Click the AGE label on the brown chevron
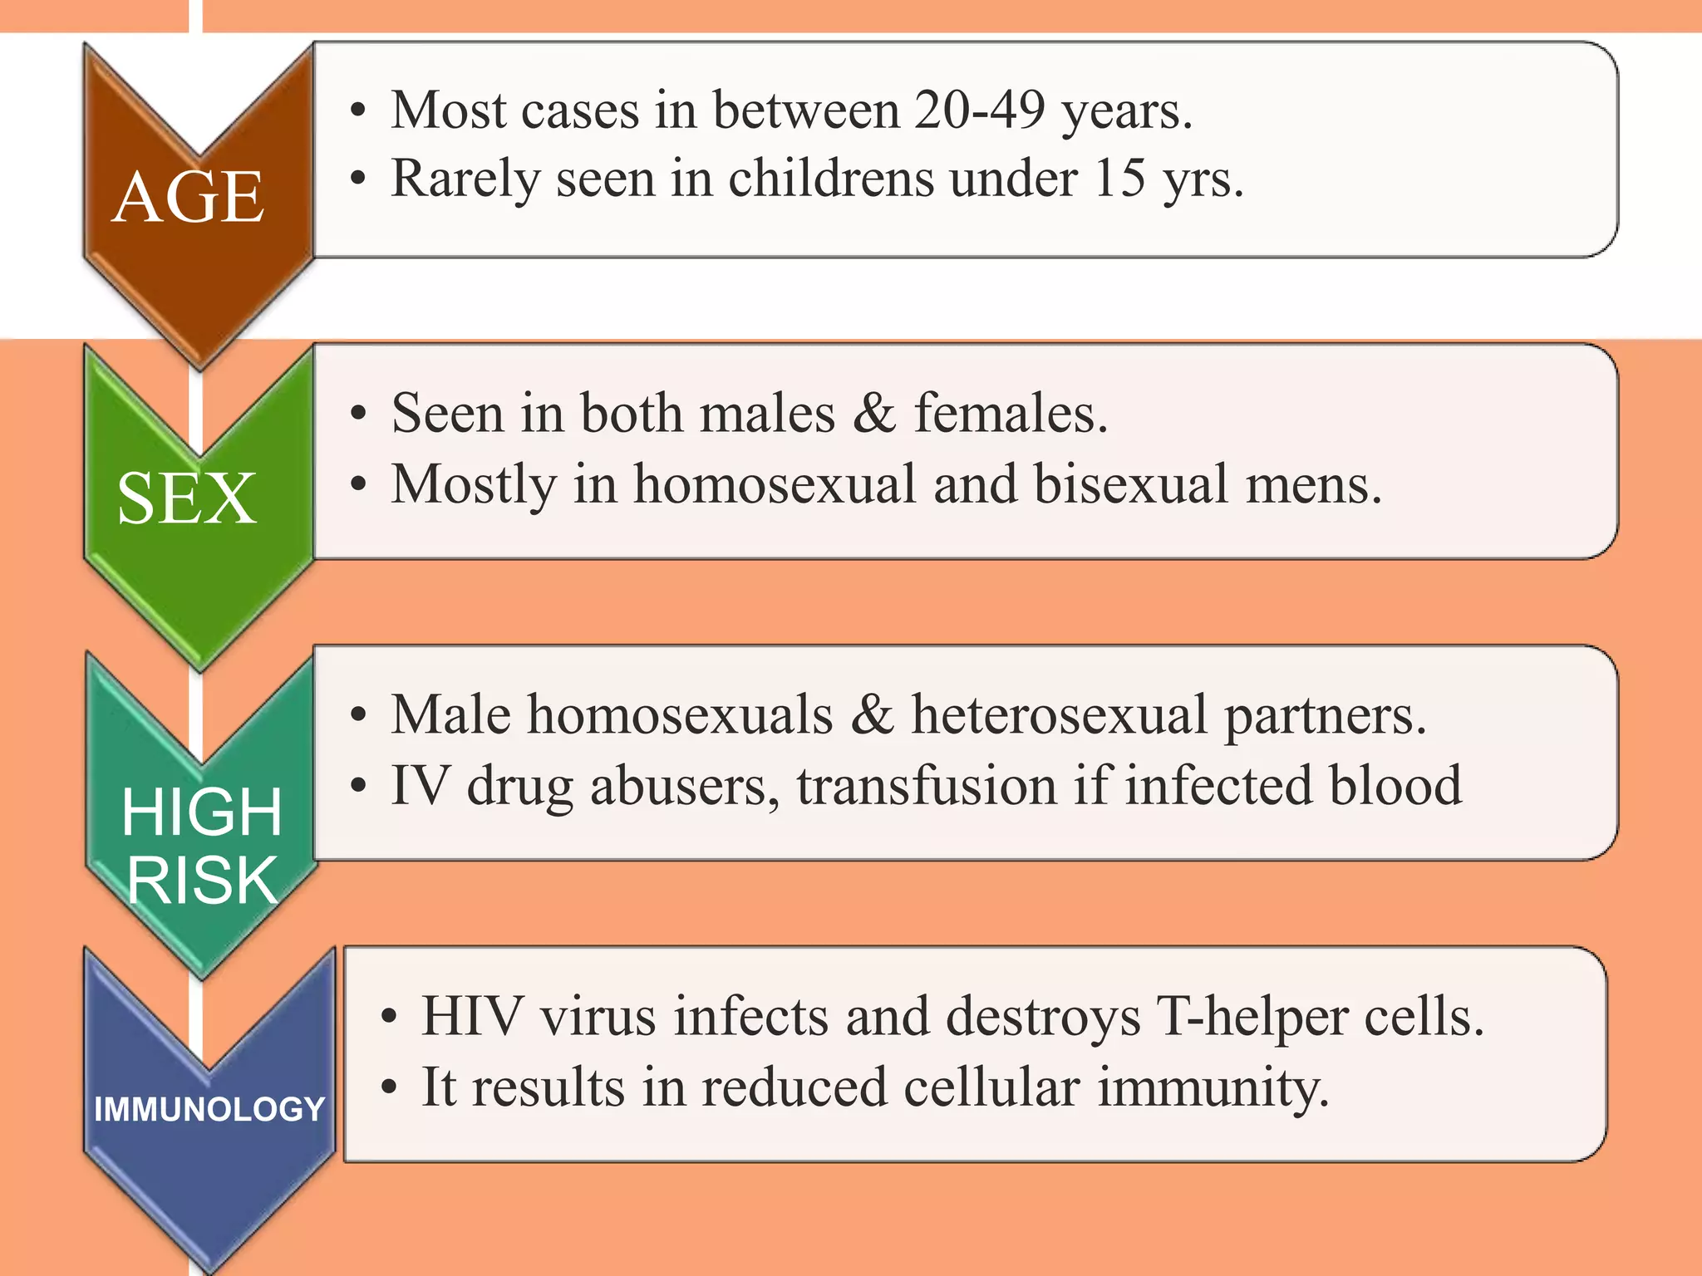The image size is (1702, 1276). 189,198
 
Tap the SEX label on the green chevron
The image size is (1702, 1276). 187,498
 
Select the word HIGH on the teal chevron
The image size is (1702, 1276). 202,812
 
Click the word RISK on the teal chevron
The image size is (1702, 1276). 202,881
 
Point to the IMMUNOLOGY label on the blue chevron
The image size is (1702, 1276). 209,1110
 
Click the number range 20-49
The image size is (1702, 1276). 979,110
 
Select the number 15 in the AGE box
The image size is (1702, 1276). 1119,178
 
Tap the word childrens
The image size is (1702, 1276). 830,178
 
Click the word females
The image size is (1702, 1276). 1011,413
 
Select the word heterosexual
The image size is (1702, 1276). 1059,714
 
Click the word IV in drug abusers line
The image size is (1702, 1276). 421,786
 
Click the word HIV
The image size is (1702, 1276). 472,1016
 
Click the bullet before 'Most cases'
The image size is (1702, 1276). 358,111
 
